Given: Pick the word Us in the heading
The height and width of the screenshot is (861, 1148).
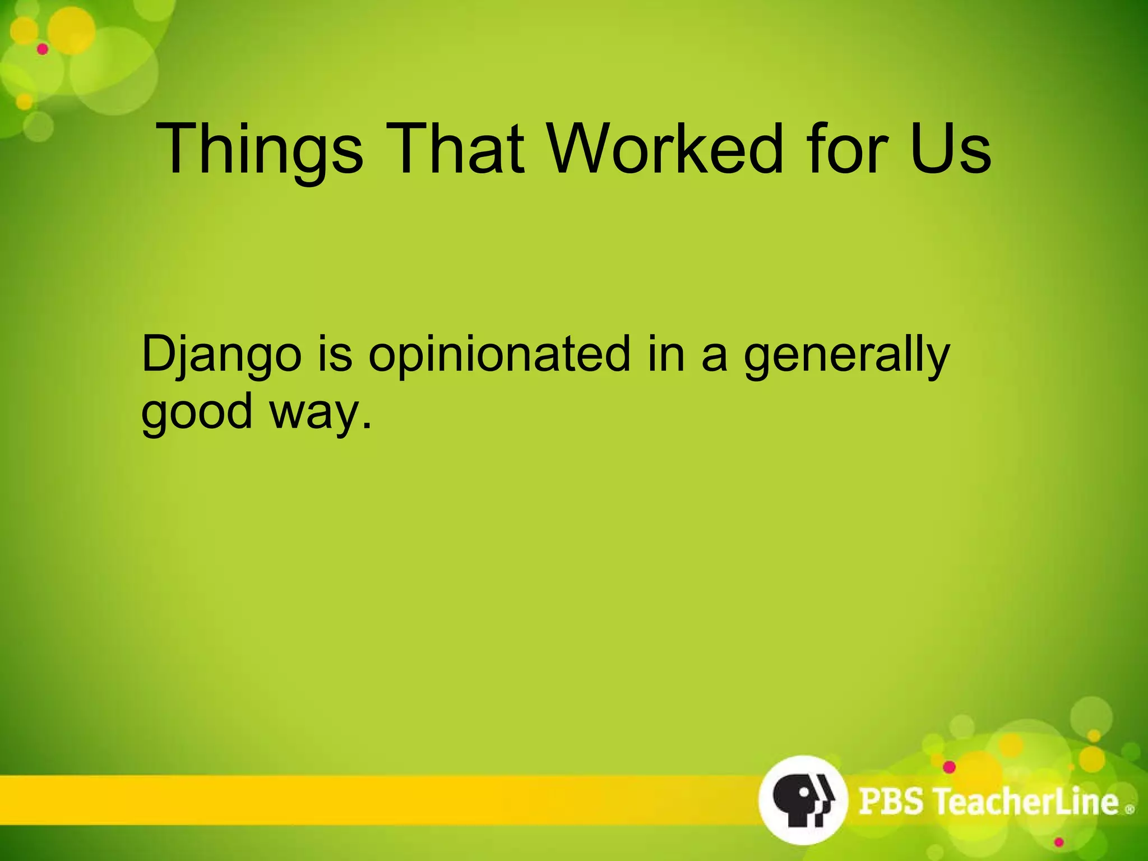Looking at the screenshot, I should (951, 149).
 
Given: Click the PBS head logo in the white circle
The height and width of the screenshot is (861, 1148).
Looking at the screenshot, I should (802, 799).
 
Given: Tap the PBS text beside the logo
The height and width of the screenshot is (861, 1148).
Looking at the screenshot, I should (891, 800).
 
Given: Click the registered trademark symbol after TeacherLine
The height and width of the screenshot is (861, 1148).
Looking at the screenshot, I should (1130, 809).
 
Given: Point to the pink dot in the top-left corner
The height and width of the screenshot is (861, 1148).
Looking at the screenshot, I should (43, 49).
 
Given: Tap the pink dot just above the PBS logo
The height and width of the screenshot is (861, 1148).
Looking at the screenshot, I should (949, 767).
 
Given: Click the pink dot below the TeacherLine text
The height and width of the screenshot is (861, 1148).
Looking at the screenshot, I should (1059, 843).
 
